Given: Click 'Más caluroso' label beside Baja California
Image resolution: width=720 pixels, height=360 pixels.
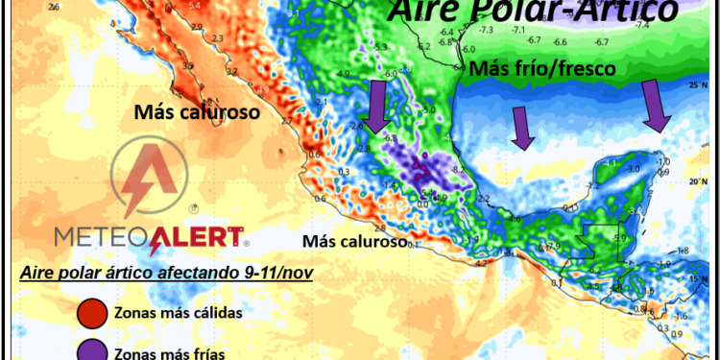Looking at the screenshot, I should tap(198, 112).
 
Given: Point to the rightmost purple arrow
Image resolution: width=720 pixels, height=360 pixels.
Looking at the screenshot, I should tap(657, 106).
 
